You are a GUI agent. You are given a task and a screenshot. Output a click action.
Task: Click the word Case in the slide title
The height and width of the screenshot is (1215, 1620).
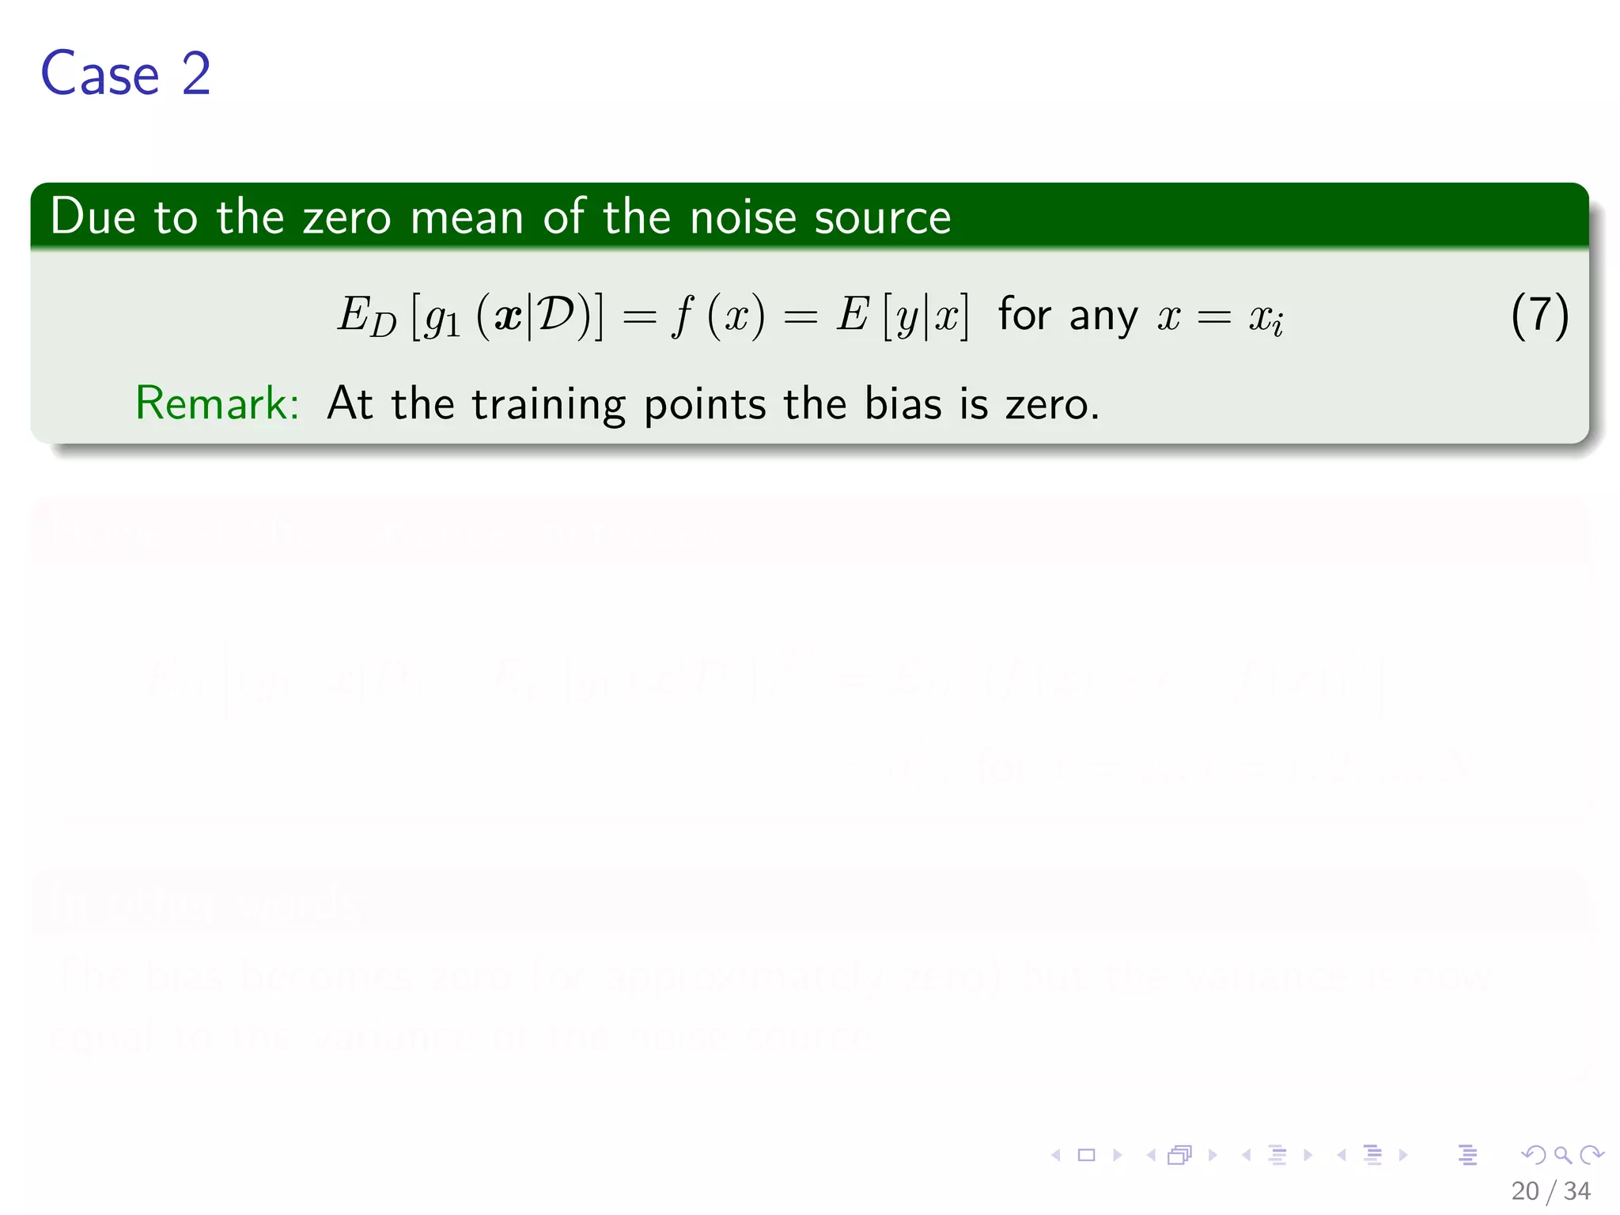coord(100,74)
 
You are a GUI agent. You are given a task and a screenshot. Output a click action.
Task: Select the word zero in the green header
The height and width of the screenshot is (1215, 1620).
coord(346,218)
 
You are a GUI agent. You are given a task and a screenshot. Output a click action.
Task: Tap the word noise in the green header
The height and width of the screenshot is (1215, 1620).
coord(742,218)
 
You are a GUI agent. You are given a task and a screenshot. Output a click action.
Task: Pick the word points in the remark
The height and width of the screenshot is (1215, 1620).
coord(705,405)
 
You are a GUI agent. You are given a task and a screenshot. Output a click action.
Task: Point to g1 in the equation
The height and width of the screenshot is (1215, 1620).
coord(442,318)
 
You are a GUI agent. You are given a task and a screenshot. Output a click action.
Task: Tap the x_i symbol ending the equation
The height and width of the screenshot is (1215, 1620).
coord(1266,318)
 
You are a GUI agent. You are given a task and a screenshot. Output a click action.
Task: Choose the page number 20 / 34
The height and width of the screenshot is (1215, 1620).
coord(1550,1190)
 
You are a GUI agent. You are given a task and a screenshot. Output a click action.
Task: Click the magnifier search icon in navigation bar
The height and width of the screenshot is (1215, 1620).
coord(1562,1156)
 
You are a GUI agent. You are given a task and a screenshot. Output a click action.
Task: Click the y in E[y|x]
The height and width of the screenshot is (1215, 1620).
coord(907,318)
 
